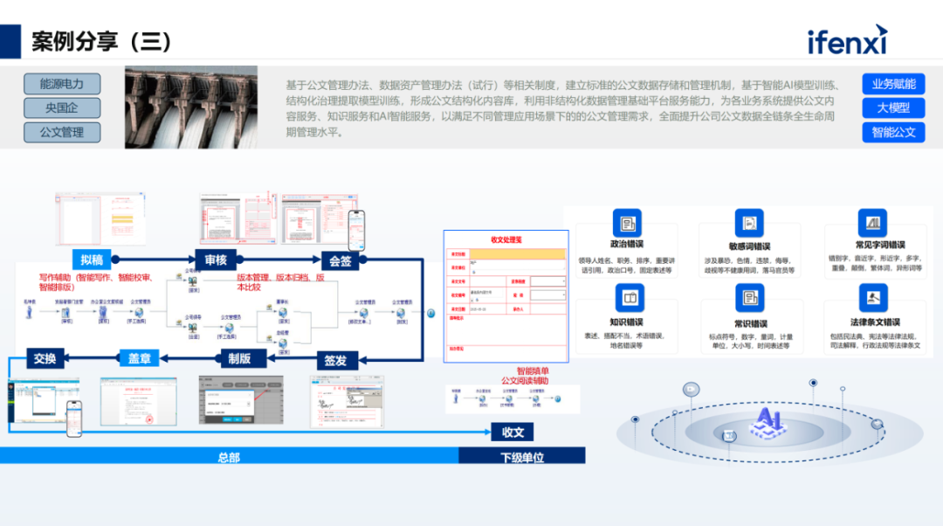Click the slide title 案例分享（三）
[102, 41]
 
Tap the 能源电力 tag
[62, 84]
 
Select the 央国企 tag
[62, 108]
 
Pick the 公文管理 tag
[62, 133]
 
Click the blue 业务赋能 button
[893, 84]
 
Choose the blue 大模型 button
[893, 108]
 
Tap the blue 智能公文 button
[893, 133]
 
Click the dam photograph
[191, 107]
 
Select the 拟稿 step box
[93, 260]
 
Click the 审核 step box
[216, 260]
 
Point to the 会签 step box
[340, 260]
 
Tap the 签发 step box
[335, 359]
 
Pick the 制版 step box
[238, 357]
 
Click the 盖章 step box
[140, 357]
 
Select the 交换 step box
[45, 357]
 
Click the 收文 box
[512, 432]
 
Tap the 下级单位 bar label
[522, 457]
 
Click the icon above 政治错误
[626, 223]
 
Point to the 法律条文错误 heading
[875, 322]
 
